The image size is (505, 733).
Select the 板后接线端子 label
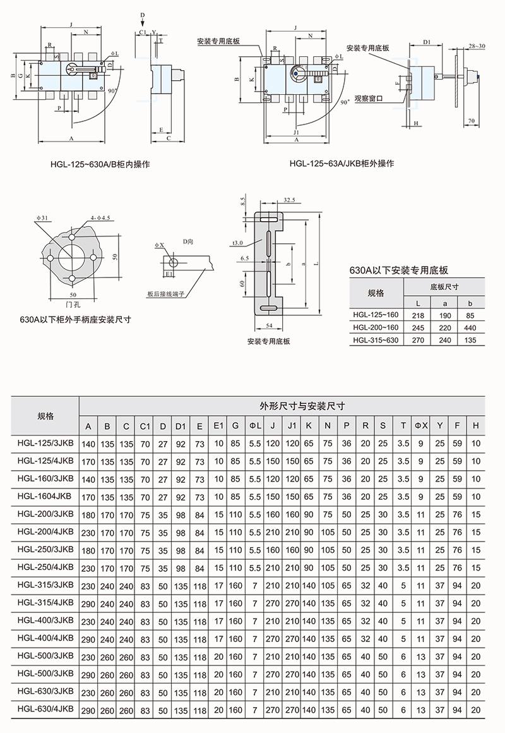point(165,294)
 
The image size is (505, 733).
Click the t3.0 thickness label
point(238,243)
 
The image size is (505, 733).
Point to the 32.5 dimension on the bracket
point(290,200)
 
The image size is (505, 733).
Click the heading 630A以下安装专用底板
point(399,270)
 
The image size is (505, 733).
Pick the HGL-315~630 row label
point(376,341)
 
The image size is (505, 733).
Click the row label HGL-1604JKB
point(46,497)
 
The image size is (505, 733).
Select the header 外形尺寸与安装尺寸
point(281,405)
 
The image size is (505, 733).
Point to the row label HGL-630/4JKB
point(46,709)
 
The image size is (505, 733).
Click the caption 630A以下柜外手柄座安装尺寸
point(75,319)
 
